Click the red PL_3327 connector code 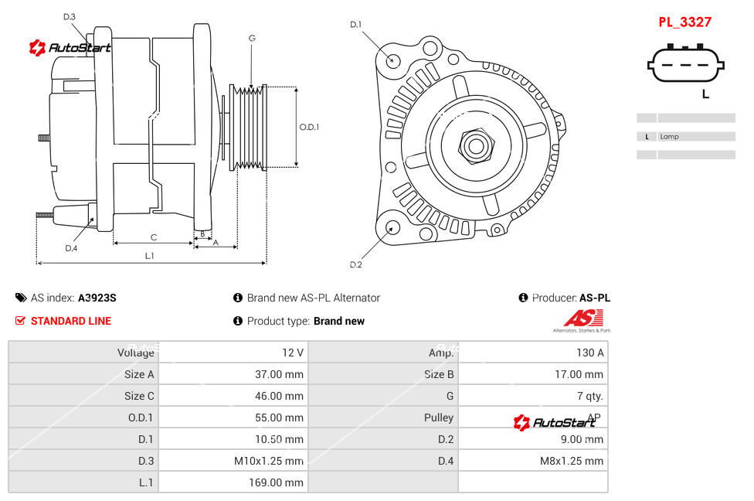(684, 22)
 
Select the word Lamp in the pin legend (670, 137)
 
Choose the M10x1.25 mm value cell (269, 461)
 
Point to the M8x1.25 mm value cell (572, 461)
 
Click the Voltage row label (136, 353)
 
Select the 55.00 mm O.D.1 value (280, 417)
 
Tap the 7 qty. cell (589, 396)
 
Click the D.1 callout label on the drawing (355, 25)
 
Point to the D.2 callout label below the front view (355, 265)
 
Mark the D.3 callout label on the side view (70, 17)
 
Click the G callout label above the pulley (252, 38)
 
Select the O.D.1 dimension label (309, 127)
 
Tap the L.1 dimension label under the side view (149, 256)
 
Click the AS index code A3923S (97, 298)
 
